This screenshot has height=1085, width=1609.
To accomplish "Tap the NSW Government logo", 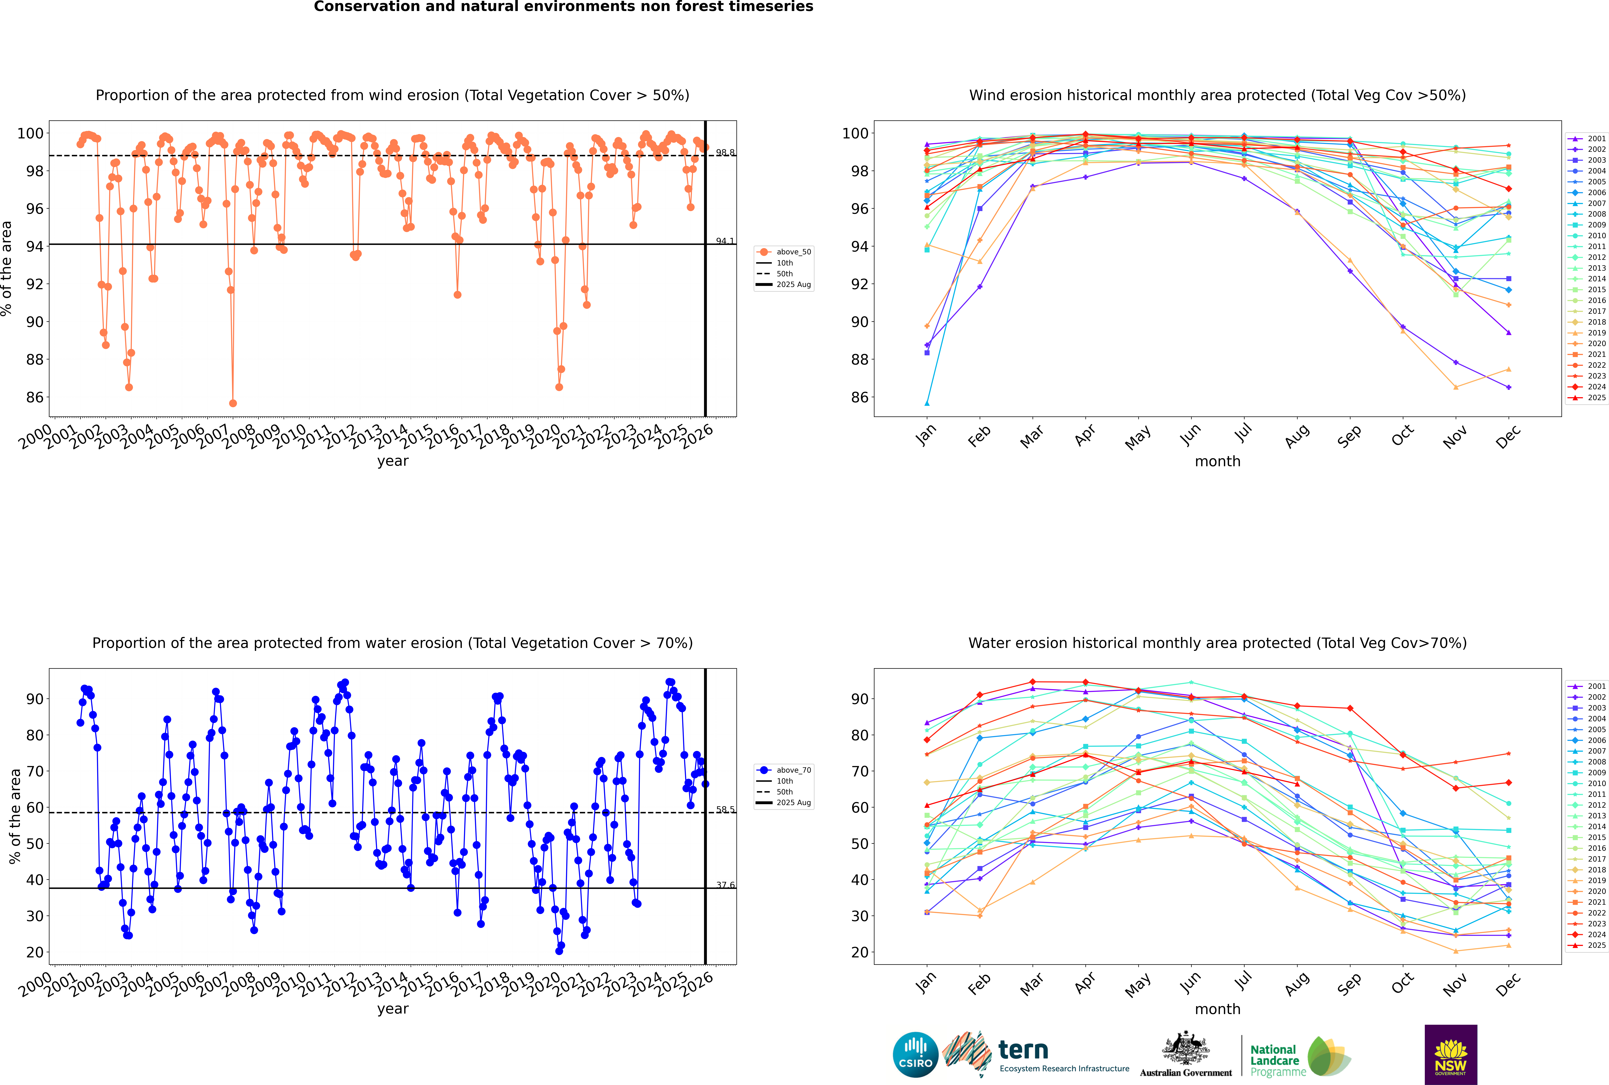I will (x=1451, y=1054).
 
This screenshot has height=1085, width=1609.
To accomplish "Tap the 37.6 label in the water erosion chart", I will (x=725, y=885).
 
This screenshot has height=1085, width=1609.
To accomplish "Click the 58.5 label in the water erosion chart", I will (x=725, y=810).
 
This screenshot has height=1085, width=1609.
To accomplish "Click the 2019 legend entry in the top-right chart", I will (x=1596, y=333).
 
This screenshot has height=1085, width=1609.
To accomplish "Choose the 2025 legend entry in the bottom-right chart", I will (x=1596, y=945).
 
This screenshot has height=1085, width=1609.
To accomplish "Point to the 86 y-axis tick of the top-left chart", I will (x=33, y=397).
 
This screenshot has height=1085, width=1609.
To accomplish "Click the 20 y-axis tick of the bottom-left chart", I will (x=35, y=952).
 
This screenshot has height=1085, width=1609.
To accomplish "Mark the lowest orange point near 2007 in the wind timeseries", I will (x=233, y=403).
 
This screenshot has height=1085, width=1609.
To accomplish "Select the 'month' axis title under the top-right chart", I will (x=1217, y=462).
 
